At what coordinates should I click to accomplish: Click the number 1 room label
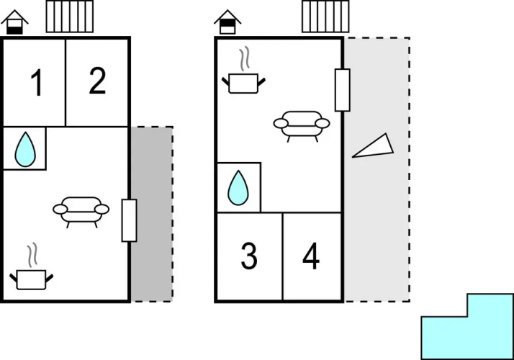coord(37,83)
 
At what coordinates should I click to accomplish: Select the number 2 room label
coord(97,81)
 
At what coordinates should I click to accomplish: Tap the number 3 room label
coord(249,256)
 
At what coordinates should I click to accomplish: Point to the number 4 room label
coord(311,256)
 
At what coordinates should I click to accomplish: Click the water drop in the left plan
coord(25,150)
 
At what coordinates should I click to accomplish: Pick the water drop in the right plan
coord(238,188)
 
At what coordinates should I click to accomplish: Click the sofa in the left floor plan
coord(81,212)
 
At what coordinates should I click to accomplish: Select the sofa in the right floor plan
coord(302,126)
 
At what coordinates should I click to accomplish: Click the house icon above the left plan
coord(14,22)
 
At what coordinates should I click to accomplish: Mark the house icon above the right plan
coord(227,22)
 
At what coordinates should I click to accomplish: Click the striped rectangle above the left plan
coord(70,17)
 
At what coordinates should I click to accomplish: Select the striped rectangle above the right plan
coord(325,17)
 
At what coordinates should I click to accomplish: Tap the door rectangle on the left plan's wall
coord(129,220)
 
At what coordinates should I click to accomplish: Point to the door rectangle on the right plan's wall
coord(342,90)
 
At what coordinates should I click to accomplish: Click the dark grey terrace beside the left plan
coord(152,214)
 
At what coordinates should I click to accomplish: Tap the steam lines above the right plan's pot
coord(245,59)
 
